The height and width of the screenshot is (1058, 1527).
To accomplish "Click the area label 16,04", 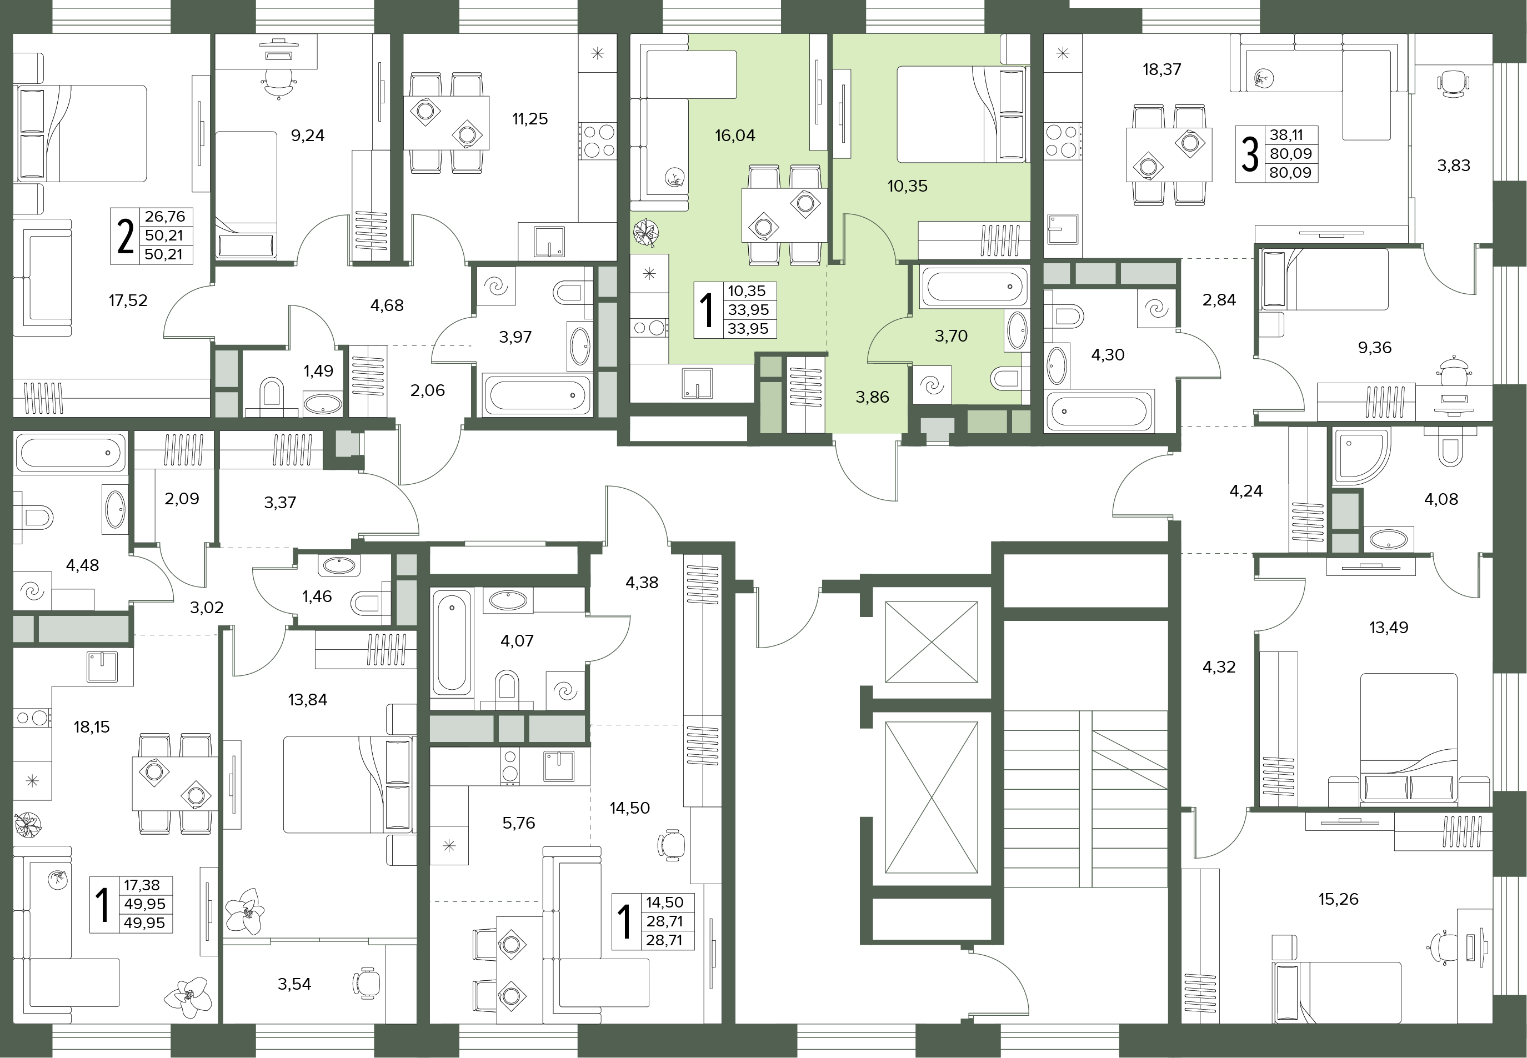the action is pos(735,136).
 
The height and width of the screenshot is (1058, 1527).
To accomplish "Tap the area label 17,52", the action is pos(128,301).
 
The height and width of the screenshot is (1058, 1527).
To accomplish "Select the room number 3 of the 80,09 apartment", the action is pos(1249,154).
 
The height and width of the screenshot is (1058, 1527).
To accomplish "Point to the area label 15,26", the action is pos(1338,900).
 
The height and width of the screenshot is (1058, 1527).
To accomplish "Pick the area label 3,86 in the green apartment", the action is pos(872,397).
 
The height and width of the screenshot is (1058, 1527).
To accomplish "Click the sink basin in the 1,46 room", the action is pos(339,565).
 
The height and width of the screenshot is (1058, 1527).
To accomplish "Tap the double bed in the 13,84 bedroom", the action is pos(349,785).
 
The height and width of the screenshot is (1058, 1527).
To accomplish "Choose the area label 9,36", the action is pos(1374,348).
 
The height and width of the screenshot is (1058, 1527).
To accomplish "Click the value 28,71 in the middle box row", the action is pos(664,921).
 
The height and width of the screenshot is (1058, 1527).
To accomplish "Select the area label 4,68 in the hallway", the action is pos(387,305).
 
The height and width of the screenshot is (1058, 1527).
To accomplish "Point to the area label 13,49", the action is pos(1389,627).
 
